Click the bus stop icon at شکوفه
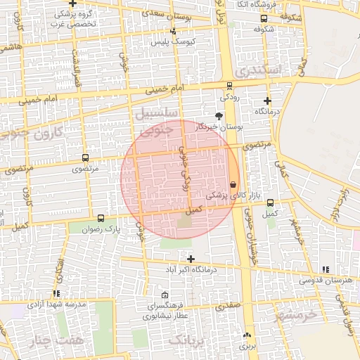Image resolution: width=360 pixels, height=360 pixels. point(264,19)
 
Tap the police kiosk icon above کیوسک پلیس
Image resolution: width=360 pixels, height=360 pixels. point(173,31)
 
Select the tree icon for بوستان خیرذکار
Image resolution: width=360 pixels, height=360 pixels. point(219,115)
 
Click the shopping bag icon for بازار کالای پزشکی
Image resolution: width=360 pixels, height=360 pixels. point(233,184)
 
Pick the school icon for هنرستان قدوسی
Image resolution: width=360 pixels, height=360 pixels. point(325,269)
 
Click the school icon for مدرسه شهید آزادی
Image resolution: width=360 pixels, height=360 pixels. point(56,294)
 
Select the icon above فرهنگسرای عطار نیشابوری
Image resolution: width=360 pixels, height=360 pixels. point(165,295)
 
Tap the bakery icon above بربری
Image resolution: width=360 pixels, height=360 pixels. point(247,335)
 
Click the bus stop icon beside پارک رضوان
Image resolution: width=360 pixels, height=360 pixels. point(101,219)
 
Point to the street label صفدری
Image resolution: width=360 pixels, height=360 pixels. point(229,307)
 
